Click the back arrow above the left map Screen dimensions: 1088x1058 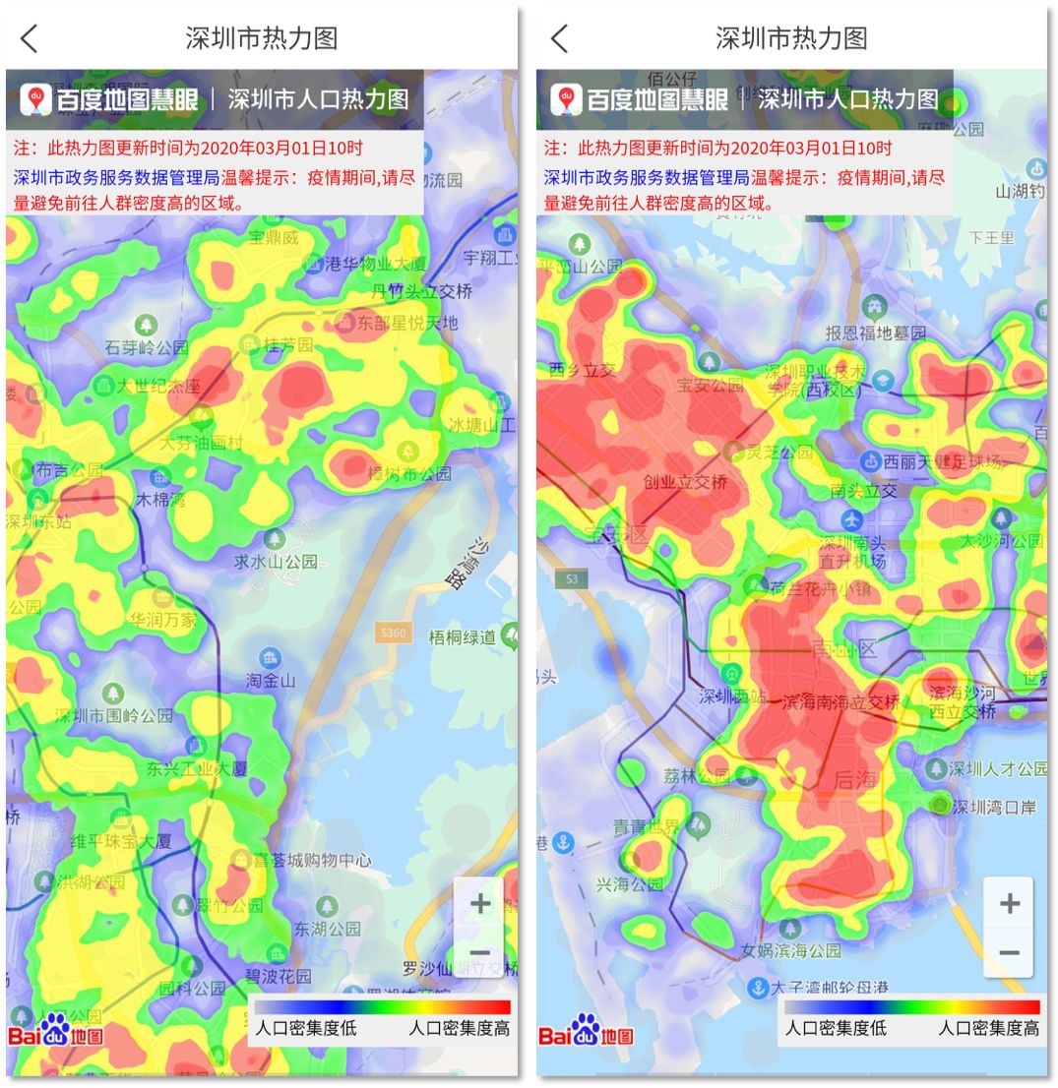[30, 38]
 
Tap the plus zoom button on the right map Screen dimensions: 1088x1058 [1009, 903]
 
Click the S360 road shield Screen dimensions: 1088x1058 [392, 634]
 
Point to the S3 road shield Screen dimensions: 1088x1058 [572, 579]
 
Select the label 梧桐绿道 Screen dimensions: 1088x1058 [463, 637]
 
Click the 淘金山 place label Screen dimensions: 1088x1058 [271, 680]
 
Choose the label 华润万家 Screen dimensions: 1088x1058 [163, 620]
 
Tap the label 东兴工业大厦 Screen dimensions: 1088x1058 [197, 768]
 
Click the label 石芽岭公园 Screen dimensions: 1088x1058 [147, 347]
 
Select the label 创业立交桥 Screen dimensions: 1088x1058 [686, 482]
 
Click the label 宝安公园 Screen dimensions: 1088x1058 [710, 386]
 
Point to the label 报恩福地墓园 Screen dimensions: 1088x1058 [876, 333]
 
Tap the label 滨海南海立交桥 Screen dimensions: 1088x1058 [840, 702]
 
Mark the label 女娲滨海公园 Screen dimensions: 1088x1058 [791, 950]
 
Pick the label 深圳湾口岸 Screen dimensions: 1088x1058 [994, 807]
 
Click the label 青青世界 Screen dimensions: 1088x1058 [647, 826]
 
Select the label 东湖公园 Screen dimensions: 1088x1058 [327, 929]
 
